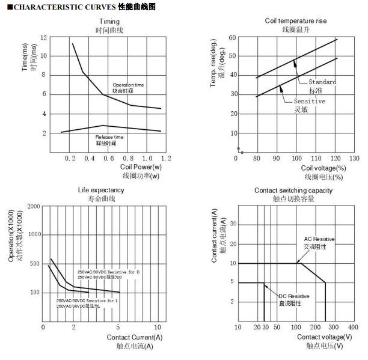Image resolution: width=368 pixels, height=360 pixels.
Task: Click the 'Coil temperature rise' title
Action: pyautogui.click(x=295, y=20)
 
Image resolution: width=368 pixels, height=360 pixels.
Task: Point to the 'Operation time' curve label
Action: pyautogui.click(x=128, y=85)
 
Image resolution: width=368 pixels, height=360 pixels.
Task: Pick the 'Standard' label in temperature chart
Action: pyautogui.click(x=322, y=82)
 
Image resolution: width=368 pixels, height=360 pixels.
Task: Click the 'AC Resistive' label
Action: pyautogui.click(x=319, y=239)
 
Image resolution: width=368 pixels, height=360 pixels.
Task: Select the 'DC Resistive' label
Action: pyautogui.click(x=294, y=296)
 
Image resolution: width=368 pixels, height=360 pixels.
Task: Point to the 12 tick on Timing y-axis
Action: pyautogui.click(x=43, y=37)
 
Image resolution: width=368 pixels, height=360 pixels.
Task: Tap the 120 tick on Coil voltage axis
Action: pyautogui.click(x=337, y=159)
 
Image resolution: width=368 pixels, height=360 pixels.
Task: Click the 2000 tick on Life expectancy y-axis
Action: pyautogui.click(x=34, y=206)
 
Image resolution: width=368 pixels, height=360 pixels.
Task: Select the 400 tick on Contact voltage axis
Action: pyautogui.click(x=353, y=327)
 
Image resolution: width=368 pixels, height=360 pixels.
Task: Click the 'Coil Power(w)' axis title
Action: pyautogui.click(x=141, y=167)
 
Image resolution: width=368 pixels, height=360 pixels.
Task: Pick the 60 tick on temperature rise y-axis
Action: pyautogui.click(x=232, y=38)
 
